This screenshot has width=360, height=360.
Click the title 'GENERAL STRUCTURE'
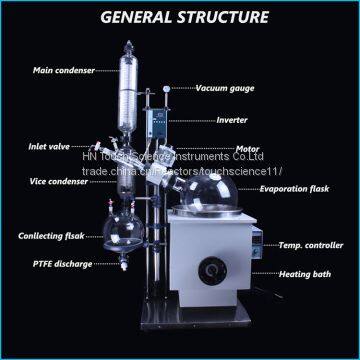[x=180, y=17]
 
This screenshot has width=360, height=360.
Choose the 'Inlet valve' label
[x=49, y=145]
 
